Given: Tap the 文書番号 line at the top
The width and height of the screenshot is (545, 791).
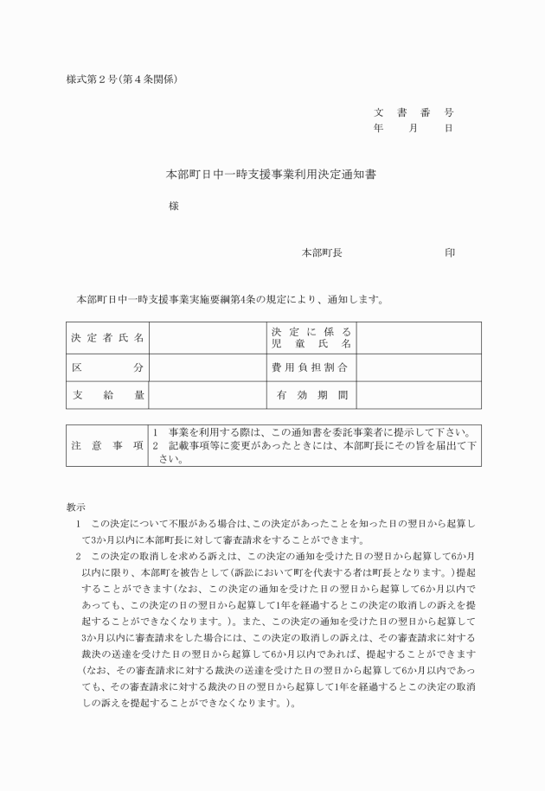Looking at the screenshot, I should [414, 112].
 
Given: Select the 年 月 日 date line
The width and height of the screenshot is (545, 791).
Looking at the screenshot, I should [414, 128].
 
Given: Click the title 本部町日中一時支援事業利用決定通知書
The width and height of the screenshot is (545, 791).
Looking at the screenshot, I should [271, 174].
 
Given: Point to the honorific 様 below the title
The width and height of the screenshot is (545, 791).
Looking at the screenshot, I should [174, 207].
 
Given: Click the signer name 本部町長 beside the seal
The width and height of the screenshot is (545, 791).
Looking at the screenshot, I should [322, 252].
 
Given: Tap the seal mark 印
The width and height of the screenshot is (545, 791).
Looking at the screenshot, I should [450, 252].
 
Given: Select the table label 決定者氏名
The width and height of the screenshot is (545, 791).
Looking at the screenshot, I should [107, 338].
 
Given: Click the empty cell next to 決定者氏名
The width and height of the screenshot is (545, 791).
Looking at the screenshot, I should [207, 338].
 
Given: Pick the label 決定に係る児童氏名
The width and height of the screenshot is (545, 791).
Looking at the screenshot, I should [311, 338].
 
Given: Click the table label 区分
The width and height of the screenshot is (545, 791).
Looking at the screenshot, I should [107, 367].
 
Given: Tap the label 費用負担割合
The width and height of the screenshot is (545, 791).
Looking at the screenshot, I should [311, 367].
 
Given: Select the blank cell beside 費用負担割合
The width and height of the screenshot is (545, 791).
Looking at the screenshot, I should [419, 367].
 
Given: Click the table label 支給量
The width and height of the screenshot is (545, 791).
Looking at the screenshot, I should [107, 395].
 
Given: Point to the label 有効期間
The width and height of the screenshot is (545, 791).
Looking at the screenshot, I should [311, 395].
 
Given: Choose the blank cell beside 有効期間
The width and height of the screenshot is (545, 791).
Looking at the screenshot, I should [419, 395].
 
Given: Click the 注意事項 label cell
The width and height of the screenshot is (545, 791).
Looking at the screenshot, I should [107, 445].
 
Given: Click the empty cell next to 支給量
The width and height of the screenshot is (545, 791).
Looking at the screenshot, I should [207, 395].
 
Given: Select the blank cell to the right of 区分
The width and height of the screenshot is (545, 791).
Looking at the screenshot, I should [207, 367].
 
